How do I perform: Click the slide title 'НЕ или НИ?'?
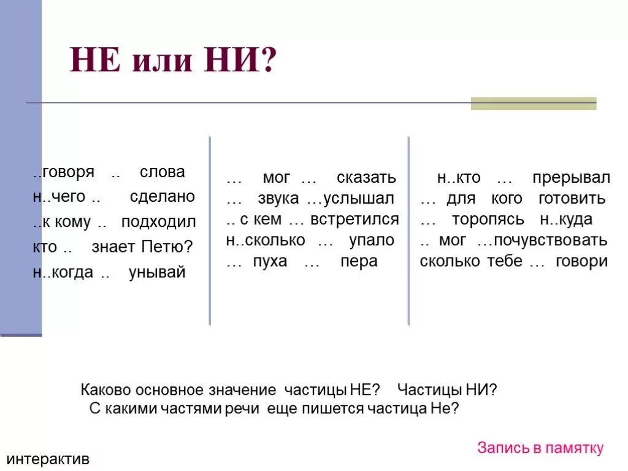tap(174, 61)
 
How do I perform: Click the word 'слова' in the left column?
tap(162, 172)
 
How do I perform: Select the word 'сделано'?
tap(162, 197)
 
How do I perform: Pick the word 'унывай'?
tap(156, 272)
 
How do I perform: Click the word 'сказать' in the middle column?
tap(366, 178)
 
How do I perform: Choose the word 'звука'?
tap(278, 199)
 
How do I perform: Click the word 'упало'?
tap(372, 240)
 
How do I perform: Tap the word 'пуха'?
tap(269, 262)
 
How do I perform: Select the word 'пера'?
tap(359, 262)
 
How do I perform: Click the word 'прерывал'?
tap(571, 178)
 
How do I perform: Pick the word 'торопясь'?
tap(488, 220)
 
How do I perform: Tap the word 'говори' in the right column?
tap(581, 261)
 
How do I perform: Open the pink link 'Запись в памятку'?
tap(540, 448)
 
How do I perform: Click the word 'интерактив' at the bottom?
tap(48, 459)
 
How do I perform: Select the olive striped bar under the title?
tap(533, 104)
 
